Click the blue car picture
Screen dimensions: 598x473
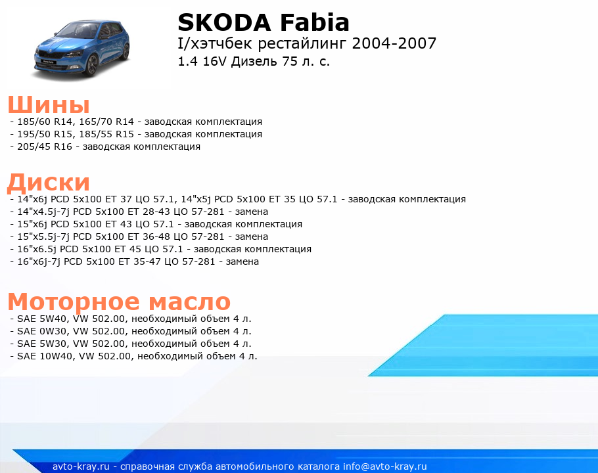click(82, 49)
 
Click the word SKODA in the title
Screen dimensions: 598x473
click(225, 22)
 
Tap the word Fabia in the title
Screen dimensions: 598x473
click(315, 22)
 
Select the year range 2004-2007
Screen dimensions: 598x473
click(394, 43)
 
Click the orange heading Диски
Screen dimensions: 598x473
click(49, 182)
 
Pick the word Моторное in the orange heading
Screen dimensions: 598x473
click(74, 302)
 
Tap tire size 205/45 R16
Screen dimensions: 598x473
click(45, 146)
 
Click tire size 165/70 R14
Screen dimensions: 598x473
click(106, 122)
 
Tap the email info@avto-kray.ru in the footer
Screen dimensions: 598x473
click(385, 466)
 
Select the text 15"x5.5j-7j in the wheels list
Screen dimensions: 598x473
click(43, 236)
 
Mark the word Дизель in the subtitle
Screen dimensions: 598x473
click(254, 61)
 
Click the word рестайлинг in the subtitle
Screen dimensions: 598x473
click(303, 43)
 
